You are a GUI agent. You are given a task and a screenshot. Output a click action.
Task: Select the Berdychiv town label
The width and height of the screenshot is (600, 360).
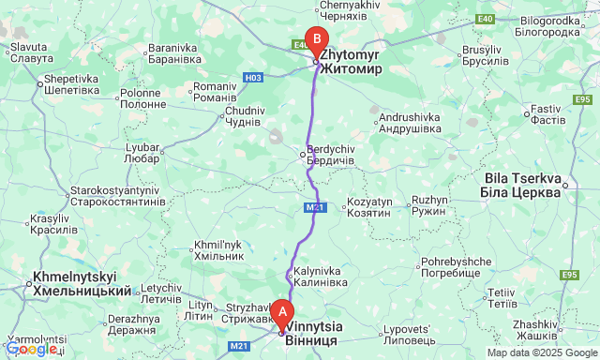click(x=331, y=155)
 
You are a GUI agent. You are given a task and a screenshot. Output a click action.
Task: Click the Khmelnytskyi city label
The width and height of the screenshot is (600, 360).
click(x=82, y=284)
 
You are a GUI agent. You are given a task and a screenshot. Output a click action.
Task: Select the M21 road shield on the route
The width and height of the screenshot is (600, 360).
click(x=315, y=207)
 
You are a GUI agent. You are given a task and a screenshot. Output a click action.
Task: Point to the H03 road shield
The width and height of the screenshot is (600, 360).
click(x=252, y=77)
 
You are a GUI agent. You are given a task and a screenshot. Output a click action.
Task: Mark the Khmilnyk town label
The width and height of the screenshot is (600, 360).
click(x=217, y=249)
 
